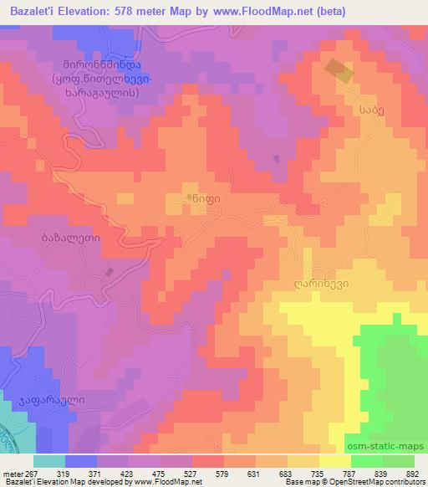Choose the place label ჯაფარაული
[x=51, y=401]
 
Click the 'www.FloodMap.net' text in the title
[x=254, y=11]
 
